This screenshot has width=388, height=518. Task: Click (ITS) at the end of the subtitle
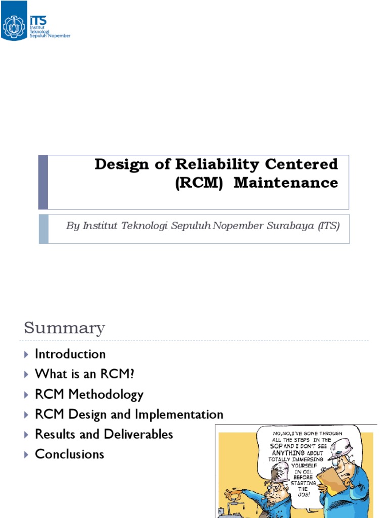pos(328,226)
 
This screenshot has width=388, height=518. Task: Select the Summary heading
pos(65,328)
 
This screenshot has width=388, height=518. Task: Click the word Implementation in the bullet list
pos(179,414)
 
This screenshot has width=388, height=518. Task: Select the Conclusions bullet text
pos(69,454)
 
